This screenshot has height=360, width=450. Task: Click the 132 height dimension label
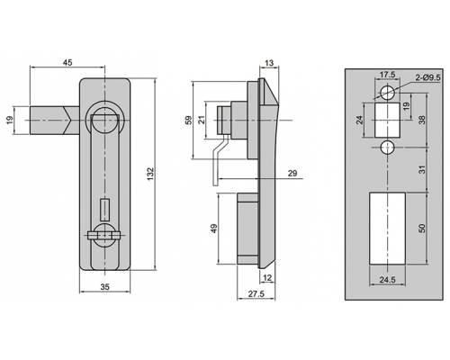150,174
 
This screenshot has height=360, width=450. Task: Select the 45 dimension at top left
67,62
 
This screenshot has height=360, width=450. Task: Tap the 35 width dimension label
104,287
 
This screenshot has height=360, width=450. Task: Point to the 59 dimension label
189,120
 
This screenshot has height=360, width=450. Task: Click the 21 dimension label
202,120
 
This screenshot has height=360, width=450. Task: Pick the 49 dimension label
214,229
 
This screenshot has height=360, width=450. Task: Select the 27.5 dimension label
256,293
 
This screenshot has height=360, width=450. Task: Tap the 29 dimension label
292,173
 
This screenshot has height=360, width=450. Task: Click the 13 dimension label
269,63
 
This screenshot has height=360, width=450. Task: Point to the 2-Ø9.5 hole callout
427,77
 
